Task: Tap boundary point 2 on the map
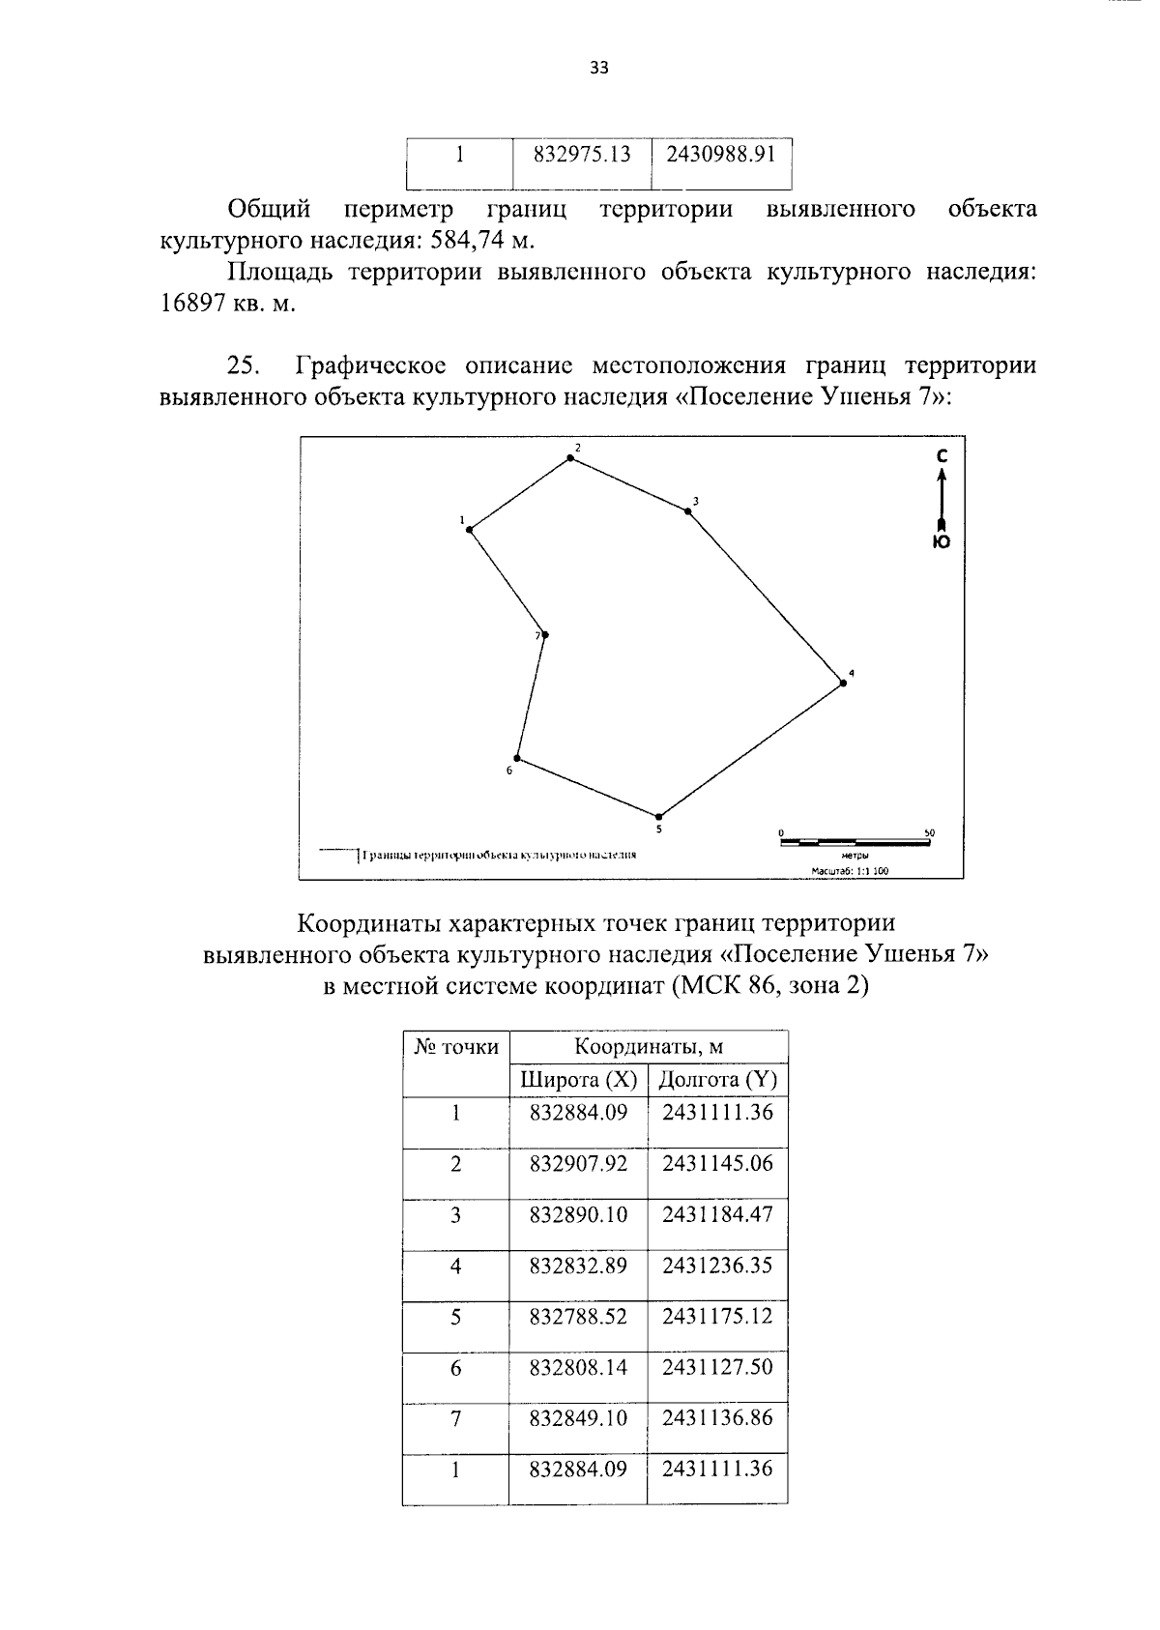[570, 458]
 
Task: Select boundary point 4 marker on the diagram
[843, 684]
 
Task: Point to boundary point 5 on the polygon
[658, 817]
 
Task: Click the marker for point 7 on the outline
[545, 635]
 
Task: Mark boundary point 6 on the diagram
[517, 758]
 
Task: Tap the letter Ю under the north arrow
[942, 542]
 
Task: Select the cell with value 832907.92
[578, 1164]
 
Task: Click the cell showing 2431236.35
[717, 1266]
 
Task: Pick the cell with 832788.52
[578, 1317]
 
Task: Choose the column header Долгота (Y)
[717, 1080]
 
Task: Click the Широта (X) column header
[578, 1080]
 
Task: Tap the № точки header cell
[456, 1047]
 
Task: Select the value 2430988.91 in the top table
[722, 155]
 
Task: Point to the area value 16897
[193, 304]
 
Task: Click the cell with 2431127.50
[717, 1368]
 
